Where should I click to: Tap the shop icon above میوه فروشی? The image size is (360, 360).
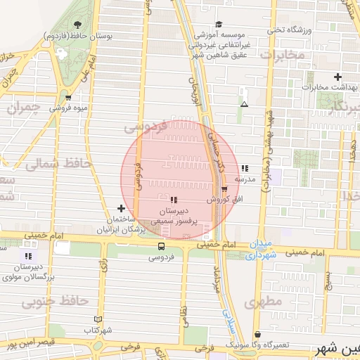(68, 98)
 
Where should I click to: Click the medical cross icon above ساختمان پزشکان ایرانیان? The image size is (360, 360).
(121, 209)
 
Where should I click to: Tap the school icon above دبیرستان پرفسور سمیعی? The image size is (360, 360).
(174, 201)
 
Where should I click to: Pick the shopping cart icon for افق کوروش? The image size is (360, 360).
(224, 189)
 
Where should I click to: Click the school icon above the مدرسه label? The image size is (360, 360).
(244, 169)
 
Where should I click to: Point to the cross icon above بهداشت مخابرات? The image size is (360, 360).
(338, 77)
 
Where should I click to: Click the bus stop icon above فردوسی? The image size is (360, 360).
(162, 246)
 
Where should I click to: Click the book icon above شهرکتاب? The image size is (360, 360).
(98, 319)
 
